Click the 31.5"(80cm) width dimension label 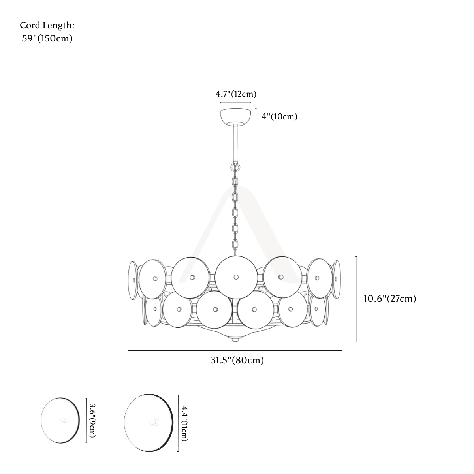coord(237,360)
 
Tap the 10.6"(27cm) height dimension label coord(390,299)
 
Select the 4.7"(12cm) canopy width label coord(236,94)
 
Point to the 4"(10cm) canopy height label coord(279,117)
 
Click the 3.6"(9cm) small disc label coord(92,420)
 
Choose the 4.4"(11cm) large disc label coord(184,423)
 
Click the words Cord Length coord(47,26)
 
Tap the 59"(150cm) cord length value coord(47,38)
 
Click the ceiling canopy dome coord(236,117)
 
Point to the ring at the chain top coord(235,168)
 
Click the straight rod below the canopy coord(236,143)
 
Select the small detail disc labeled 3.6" coord(60,420)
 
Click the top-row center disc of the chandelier coord(236,277)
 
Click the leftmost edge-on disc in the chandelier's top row coord(133,280)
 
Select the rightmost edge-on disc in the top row coord(336,280)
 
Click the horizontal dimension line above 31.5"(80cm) coord(235,350)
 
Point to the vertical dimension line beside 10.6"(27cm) coord(356,299)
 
